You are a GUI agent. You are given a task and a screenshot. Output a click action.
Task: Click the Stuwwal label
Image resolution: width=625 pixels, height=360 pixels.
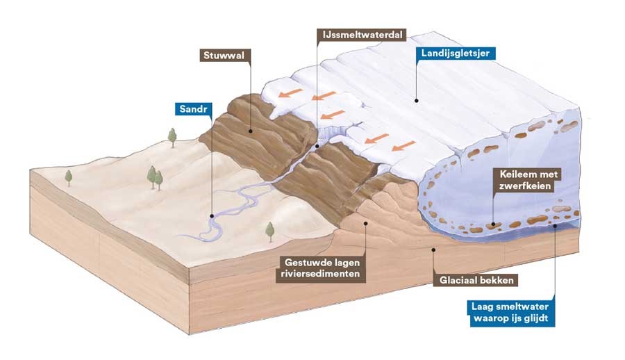224,55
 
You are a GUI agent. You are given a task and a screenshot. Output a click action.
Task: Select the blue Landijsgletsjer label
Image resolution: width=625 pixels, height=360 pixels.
455,53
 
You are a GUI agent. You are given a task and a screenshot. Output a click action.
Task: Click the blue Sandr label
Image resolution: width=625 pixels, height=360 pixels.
193,108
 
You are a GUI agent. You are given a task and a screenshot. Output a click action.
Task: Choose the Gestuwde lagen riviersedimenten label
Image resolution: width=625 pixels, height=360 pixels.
322,268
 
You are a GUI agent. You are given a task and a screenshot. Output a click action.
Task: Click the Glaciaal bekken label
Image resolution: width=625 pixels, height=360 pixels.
476,280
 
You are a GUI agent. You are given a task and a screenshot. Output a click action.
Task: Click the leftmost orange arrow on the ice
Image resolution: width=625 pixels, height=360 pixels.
290,93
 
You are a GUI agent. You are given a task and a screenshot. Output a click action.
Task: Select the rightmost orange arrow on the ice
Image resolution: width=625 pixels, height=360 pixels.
403,146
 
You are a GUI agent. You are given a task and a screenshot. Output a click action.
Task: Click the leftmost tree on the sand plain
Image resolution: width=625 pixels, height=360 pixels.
69,178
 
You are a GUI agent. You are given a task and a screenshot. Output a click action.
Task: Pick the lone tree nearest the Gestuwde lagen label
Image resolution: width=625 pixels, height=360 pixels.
270,232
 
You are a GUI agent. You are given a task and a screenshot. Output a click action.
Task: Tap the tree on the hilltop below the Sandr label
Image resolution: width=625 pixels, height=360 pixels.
172,138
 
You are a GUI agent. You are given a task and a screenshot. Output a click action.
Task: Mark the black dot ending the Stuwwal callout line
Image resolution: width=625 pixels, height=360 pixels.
251,131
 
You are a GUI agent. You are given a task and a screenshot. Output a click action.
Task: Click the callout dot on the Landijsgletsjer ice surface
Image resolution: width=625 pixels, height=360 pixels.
416,101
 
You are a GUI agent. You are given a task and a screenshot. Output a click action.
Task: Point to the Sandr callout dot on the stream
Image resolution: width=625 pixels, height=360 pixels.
212,216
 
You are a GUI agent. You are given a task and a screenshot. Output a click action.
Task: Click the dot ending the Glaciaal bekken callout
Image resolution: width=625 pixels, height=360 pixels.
433,249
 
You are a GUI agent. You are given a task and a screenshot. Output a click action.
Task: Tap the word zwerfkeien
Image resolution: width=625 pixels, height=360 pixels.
525,186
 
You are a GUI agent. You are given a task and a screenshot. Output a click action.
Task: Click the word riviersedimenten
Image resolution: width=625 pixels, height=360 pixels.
320,274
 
